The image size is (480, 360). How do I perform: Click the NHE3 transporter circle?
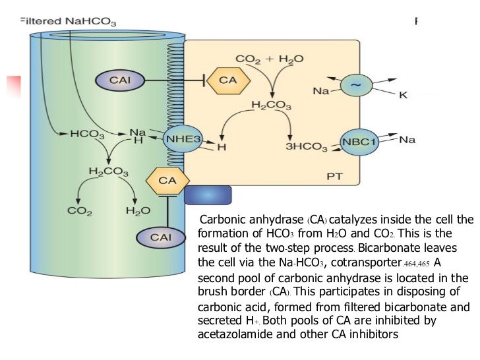pyautogui.click(x=183, y=139)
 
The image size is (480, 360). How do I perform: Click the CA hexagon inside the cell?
pyautogui.click(x=227, y=81)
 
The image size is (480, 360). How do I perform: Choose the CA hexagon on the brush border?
pyautogui.click(x=167, y=179)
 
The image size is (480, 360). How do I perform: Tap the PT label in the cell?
pyautogui.click(x=335, y=177)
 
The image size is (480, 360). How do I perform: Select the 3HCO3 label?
pyautogui.click(x=307, y=146)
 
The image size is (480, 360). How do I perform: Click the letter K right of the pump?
pyautogui.click(x=404, y=96)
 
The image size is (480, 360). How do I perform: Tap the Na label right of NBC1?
pyautogui.click(x=407, y=139)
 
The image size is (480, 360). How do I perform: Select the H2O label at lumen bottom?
pyautogui.click(x=138, y=212)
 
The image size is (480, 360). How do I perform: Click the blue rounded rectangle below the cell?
pyautogui.click(x=208, y=195)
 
